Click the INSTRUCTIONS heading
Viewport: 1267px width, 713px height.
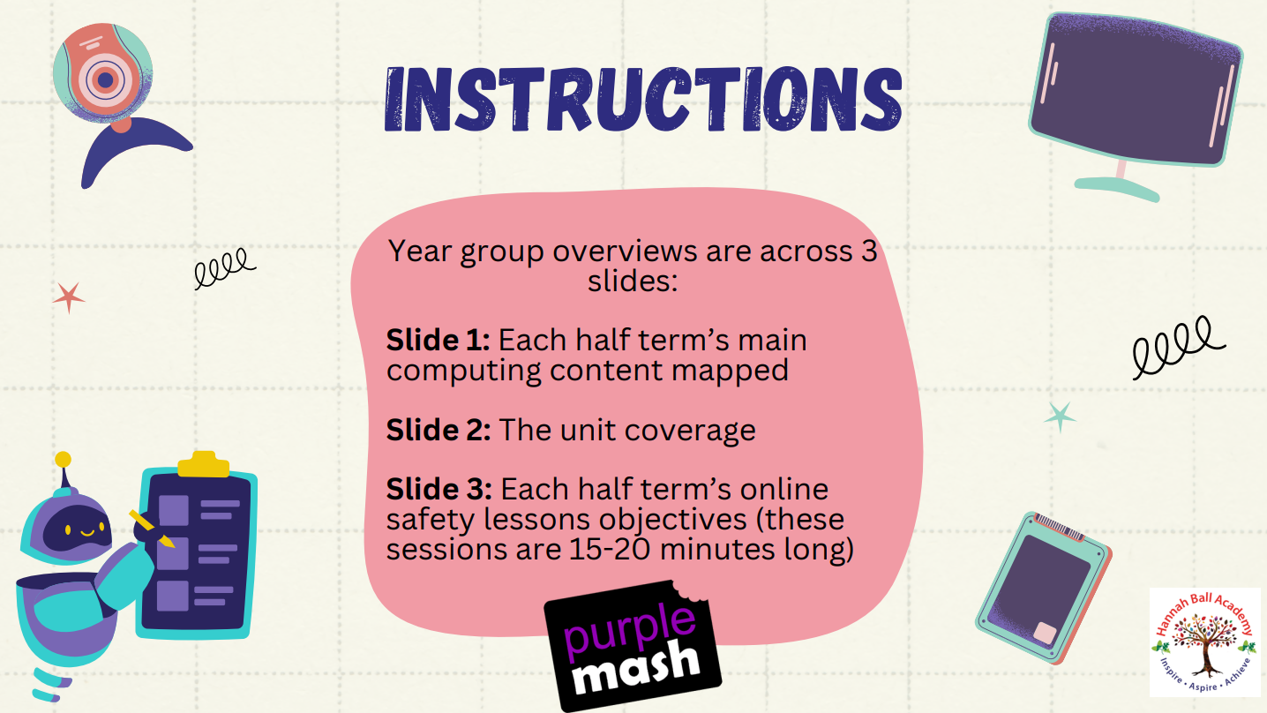(x=643, y=100)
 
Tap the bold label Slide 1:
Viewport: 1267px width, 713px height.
(x=438, y=340)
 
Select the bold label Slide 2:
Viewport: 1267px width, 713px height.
(x=439, y=430)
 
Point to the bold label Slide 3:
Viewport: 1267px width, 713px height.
(x=439, y=489)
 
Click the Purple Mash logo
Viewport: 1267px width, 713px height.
(x=633, y=646)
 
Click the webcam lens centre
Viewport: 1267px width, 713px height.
(x=105, y=79)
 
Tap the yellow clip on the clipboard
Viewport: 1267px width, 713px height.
(x=204, y=464)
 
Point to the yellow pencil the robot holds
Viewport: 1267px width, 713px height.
(x=152, y=529)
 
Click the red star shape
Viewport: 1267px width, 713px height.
(x=69, y=297)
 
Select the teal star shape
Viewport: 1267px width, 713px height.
(x=1060, y=417)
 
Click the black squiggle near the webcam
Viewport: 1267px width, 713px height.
(x=225, y=268)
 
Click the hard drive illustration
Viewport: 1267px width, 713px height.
(x=1044, y=589)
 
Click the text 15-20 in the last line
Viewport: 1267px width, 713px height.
(x=610, y=549)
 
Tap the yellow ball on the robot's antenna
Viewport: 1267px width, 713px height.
(x=64, y=459)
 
